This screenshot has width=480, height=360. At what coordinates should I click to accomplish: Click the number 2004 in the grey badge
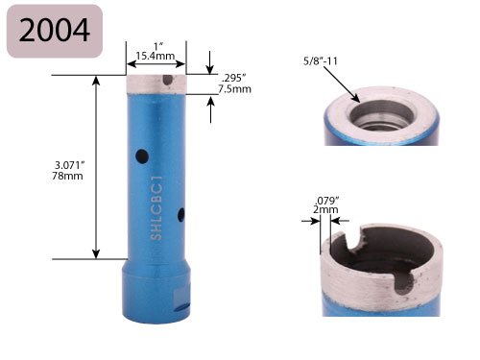tap(54, 30)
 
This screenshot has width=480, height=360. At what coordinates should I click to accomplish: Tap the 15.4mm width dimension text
tap(156, 56)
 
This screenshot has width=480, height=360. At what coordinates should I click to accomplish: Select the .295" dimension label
tap(234, 78)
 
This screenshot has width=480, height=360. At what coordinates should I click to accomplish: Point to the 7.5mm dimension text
tap(234, 88)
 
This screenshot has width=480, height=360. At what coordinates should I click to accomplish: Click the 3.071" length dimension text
tap(69, 165)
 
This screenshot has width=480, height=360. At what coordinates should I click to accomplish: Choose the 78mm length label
tap(67, 176)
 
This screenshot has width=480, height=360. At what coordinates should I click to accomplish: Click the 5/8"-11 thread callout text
tap(321, 60)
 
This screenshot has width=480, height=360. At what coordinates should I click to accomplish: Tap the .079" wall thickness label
tap(326, 201)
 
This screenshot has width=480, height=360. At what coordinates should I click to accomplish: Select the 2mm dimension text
tap(325, 210)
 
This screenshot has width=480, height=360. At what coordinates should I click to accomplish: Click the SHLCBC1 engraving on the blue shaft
tap(156, 207)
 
